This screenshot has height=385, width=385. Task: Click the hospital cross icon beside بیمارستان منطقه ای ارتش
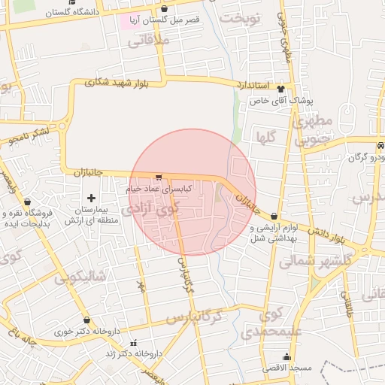point(91,199)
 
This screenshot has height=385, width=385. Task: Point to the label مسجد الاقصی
point(286,368)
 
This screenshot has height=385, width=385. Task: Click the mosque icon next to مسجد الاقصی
point(286,357)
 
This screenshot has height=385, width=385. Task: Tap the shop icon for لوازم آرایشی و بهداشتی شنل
point(274,217)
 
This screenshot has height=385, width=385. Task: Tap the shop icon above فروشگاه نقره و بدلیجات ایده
point(28,202)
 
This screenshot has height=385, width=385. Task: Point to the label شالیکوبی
point(82,276)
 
